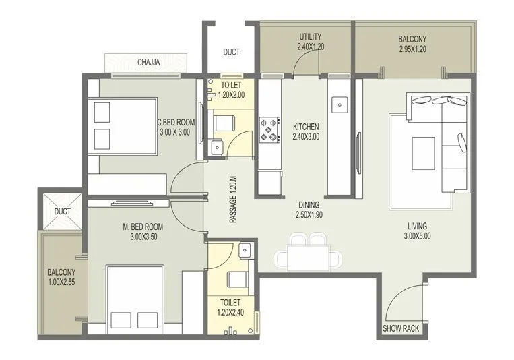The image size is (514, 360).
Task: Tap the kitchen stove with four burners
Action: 269,129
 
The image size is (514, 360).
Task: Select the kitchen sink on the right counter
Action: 340,104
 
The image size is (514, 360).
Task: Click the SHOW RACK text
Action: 401,329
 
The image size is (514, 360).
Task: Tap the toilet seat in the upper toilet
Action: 223,123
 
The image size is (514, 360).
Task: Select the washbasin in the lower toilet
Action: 246,250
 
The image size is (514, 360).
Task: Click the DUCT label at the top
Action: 230,52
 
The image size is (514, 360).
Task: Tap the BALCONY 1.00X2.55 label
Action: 61,278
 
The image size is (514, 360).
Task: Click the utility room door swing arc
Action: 305,63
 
